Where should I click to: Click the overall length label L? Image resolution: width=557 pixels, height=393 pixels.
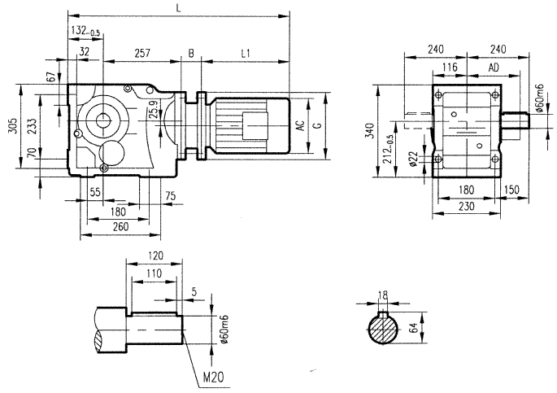tap(178, 7)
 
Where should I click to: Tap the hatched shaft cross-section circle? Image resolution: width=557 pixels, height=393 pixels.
tap(383, 330)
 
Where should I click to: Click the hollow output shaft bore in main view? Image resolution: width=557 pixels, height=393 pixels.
tap(103, 120)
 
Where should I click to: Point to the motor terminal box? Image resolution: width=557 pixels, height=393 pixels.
tap(253, 127)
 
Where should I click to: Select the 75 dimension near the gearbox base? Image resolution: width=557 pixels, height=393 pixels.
tap(170, 196)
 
